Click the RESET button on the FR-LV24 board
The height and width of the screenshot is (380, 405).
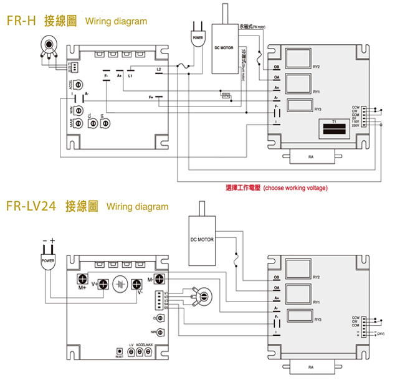[x=119, y=352]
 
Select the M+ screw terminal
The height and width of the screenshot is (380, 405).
[x=82, y=280]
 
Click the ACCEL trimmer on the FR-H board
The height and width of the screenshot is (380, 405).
[x=79, y=84]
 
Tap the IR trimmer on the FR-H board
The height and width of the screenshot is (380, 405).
[x=105, y=123]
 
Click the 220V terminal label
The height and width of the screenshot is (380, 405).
[x=356, y=125]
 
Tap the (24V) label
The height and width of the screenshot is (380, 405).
[x=380, y=334]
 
